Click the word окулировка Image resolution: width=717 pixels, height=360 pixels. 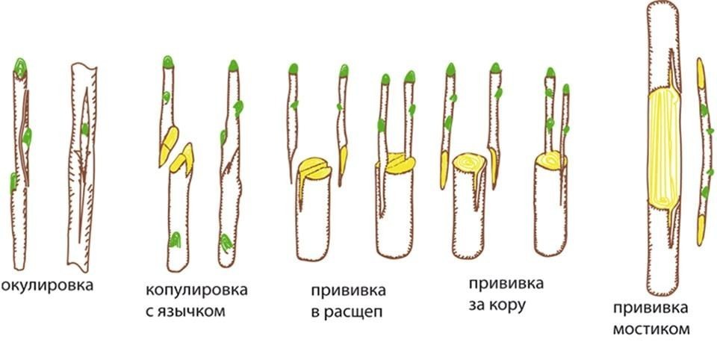click(x=46, y=286)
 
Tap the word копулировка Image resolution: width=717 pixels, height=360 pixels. click(x=196, y=291)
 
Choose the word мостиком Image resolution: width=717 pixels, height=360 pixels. click(x=651, y=329)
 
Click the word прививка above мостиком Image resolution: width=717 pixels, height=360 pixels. click(x=651, y=308)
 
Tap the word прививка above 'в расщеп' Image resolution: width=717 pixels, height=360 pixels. click(x=349, y=291)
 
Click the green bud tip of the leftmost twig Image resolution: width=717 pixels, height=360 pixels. click(x=19, y=66)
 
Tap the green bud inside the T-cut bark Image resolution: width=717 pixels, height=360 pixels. click(x=84, y=129)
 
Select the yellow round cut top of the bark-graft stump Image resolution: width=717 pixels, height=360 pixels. click(x=470, y=161)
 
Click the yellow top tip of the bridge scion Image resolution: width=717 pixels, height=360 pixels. click(x=701, y=73)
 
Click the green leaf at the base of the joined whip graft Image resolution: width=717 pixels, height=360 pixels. click(x=226, y=243)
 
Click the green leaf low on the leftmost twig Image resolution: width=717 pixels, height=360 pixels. click(x=13, y=182)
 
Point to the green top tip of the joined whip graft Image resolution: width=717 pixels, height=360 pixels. click(x=233, y=66)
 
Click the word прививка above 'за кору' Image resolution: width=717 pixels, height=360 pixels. click(x=506, y=284)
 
